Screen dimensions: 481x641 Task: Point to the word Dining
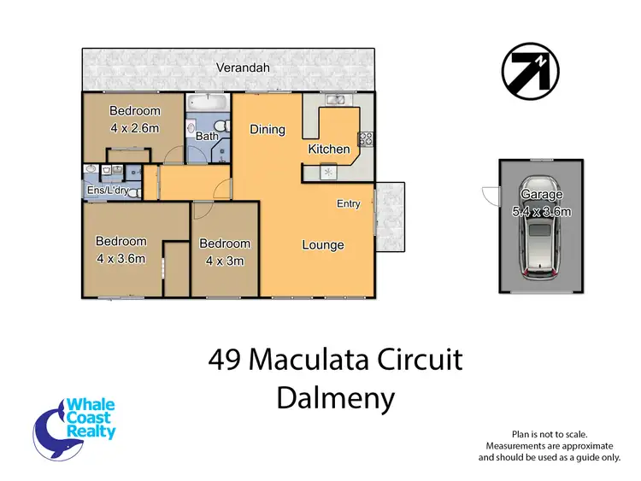tap(267, 130)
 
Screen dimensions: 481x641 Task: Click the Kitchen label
tap(329, 150)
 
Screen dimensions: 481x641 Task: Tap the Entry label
tap(349, 203)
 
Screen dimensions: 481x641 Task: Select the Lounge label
tap(323, 245)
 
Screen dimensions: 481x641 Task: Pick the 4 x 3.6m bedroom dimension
tap(121, 259)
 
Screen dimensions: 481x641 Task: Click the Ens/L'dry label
tap(109, 191)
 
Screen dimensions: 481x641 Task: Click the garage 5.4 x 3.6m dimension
tap(541, 211)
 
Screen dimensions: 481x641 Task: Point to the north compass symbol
tap(528, 70)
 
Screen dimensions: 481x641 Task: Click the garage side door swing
tap(489, 196)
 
